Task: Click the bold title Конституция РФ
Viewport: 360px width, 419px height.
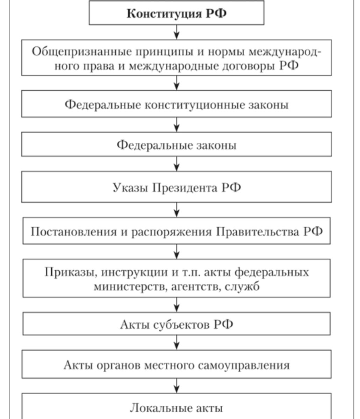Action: pyautogui.click(x=177, y=14)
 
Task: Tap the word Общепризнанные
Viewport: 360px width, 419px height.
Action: pyautogui.click(x=82, y=52)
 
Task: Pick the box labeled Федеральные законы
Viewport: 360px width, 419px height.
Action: pyautogui.click(x=177, y=144)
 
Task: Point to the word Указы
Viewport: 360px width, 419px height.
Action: pyautogui.click(x=130, y=188)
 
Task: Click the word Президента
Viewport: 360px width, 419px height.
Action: pyautogui.click(x=185, y=188)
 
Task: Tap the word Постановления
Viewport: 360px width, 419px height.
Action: pyautogui.click(x=74, y=231)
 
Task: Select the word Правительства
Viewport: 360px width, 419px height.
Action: pyautogui.click(x=257, y=231)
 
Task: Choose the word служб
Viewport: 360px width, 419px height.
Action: pyautogui.click(x=242, y=286)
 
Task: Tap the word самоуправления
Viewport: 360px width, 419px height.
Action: pyautogui.click(x=244, y=366)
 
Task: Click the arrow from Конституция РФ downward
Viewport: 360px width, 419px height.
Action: pyautogui.click(x=177, y=32)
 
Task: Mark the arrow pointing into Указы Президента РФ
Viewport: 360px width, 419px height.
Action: pyautogui.click(x=177, y=164)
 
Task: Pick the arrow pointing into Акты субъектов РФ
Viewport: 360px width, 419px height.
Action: pyautogui.click(x=177, y=305)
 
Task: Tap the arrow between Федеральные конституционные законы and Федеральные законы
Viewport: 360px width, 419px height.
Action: pyautogui.click(x=177, y=125)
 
